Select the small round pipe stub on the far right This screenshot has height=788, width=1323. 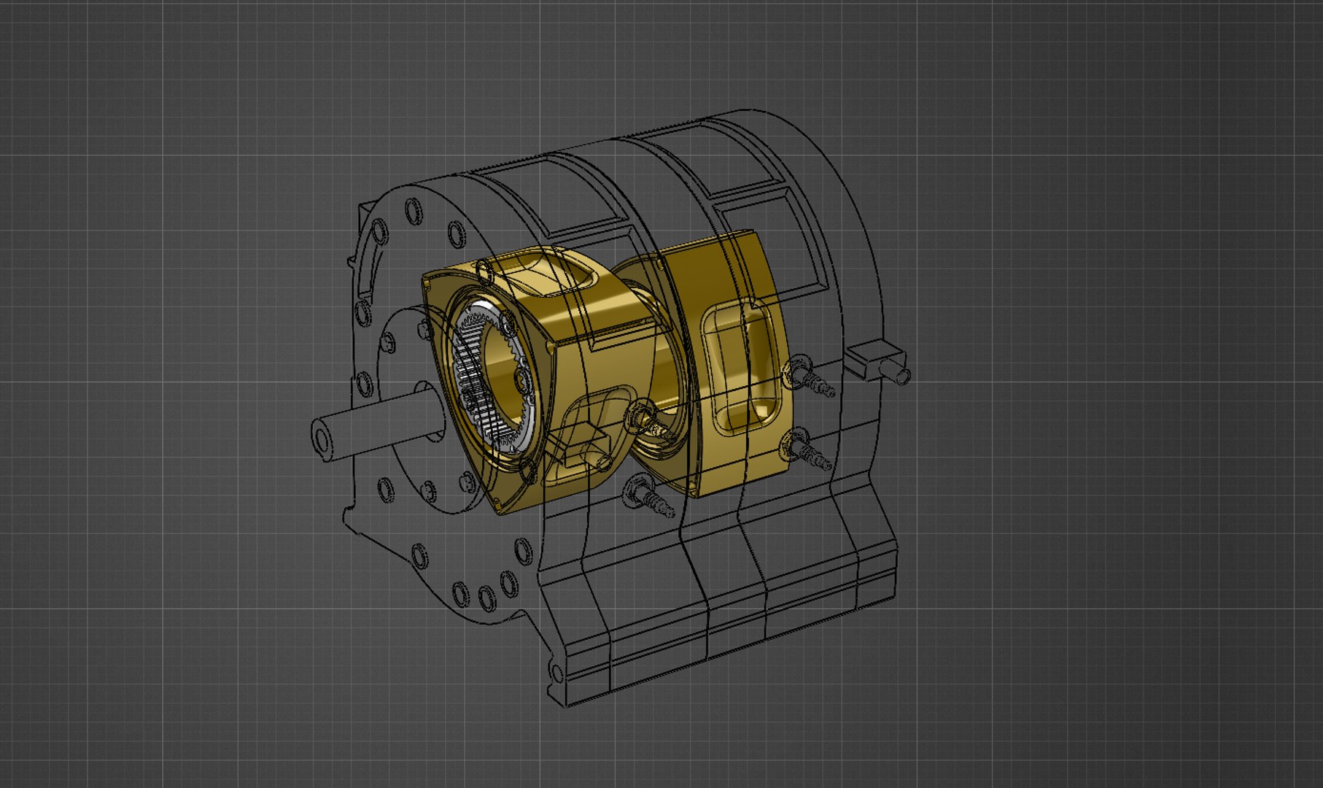click(902, 375)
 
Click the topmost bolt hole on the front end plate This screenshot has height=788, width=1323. click(413, 210)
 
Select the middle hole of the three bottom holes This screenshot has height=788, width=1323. click(486, 598)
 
